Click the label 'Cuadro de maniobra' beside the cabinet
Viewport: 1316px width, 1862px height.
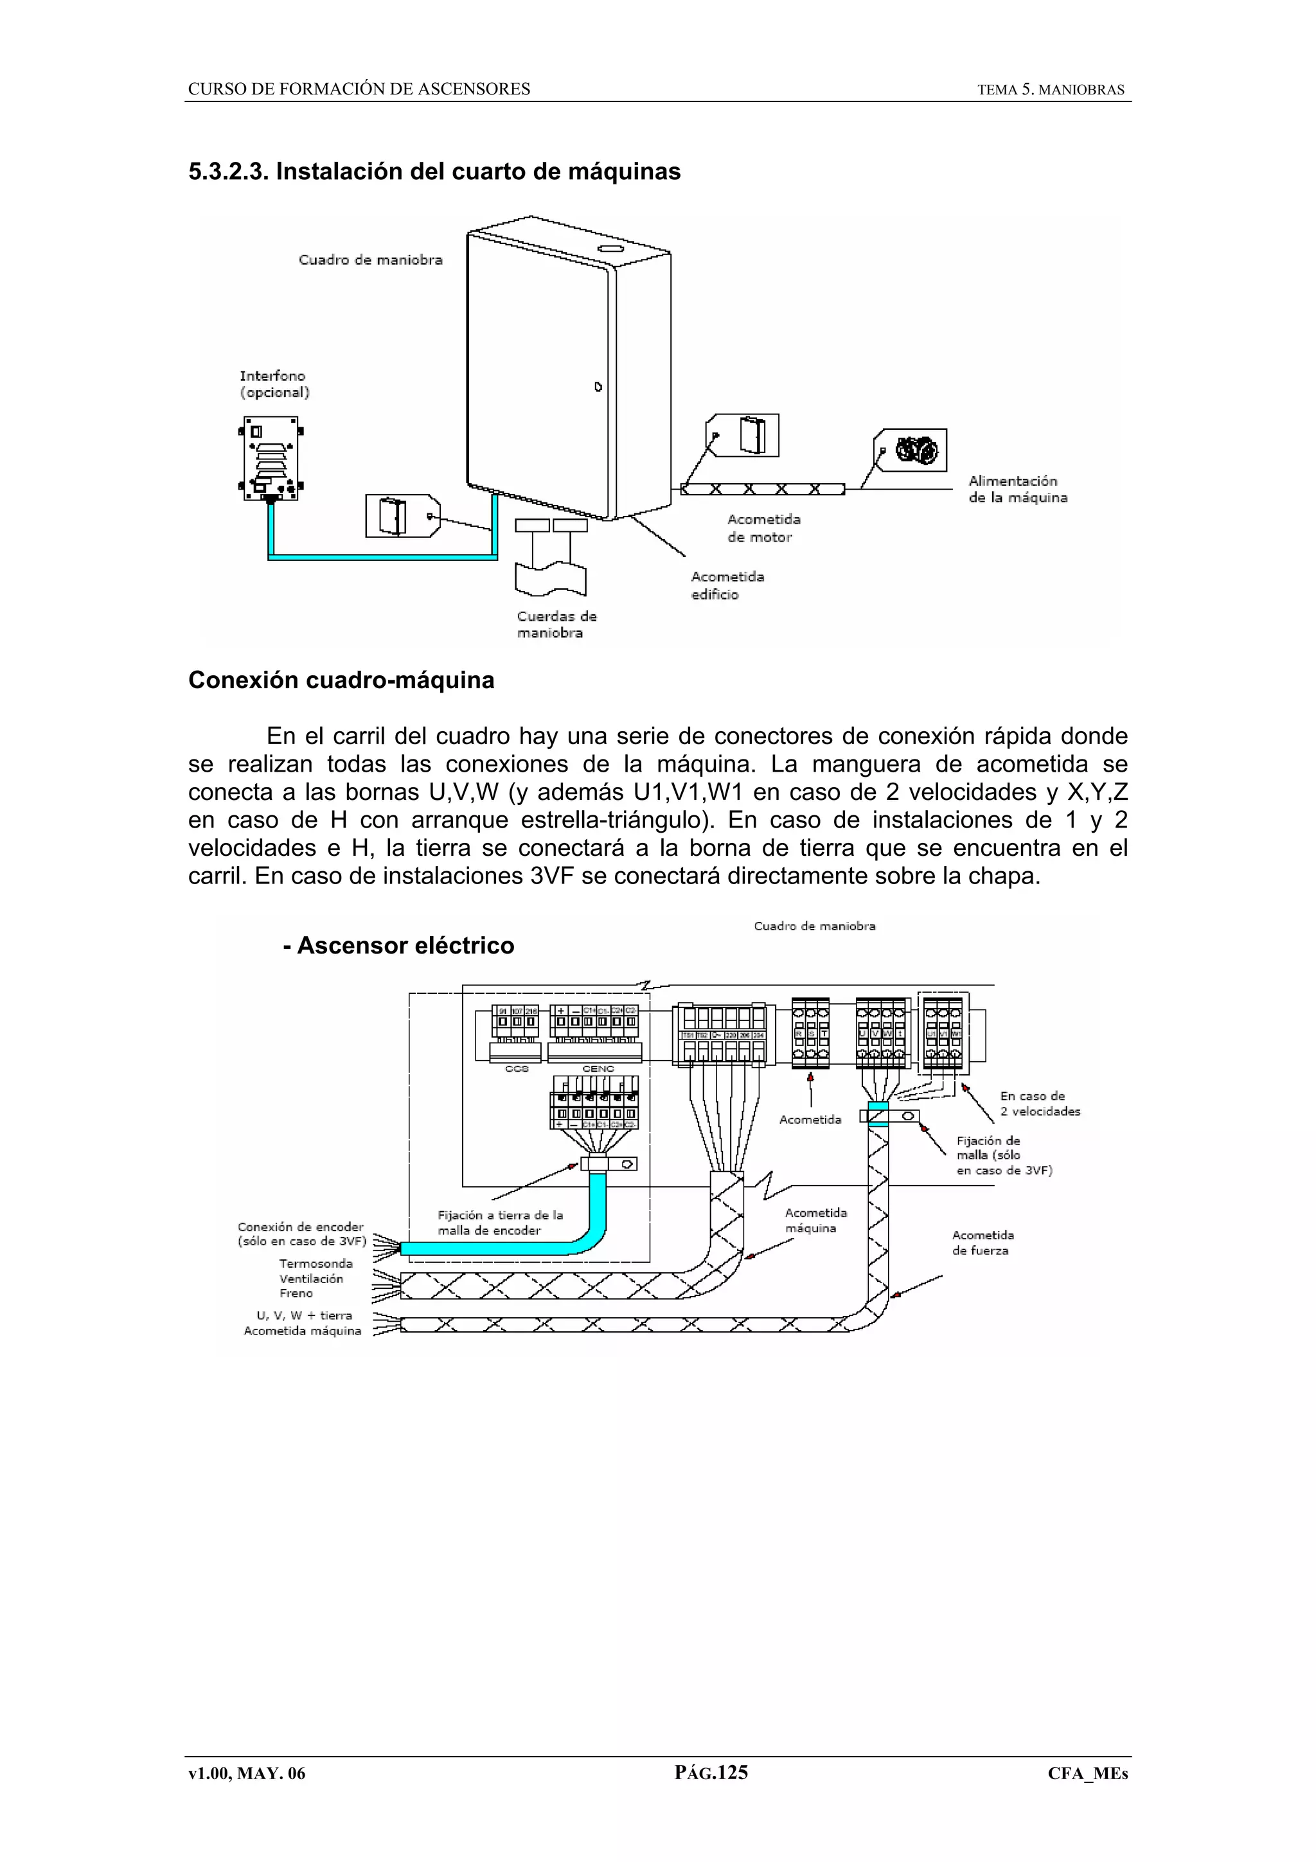(x=371, y=260)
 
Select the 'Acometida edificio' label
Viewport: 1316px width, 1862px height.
(x=727, y=585)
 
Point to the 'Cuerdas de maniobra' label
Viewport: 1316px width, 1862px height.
(x=556, y=625)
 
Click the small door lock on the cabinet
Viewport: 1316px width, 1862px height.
(x=598, y=387)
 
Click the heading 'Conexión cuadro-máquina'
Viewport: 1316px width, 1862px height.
(x=341, y=680)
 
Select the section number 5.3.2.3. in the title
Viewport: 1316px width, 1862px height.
(x=228, y=172)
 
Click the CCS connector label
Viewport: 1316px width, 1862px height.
(x=517, y=1069)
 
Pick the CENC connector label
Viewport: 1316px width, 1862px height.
(x=598, y=1069)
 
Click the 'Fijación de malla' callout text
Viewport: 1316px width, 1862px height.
(x=1003, y=1155)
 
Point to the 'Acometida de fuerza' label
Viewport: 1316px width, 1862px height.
(x=982, y=1243)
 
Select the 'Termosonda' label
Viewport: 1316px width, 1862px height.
(x=316, y=1263)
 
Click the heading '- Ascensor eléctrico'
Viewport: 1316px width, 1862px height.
(x=398, y=946)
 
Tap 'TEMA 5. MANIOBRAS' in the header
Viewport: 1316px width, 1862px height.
(x=1050, y=90)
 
